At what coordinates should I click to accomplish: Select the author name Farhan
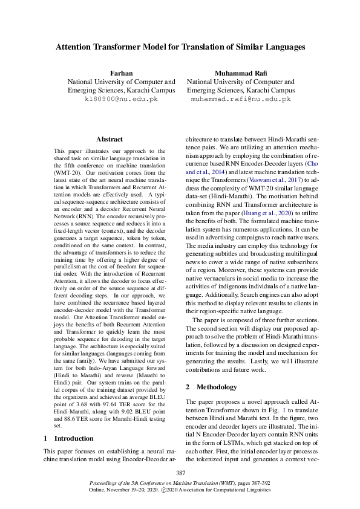tap(121, 73)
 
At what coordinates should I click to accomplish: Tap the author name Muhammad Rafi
tap(240, 73)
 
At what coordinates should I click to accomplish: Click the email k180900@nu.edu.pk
tap(121, 99)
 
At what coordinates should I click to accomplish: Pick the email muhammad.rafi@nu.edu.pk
tap(240, 99)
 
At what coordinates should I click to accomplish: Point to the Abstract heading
tap(109, 139)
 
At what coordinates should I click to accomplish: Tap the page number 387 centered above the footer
tap(180, 472)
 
